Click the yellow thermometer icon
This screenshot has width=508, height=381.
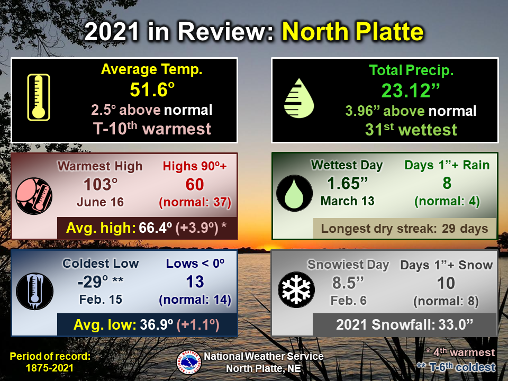[x=39, y=97]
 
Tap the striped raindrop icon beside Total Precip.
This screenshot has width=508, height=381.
[x=299, y=98]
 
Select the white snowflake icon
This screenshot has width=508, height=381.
[x=296, y=289]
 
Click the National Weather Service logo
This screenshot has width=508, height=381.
[x=189, y=362]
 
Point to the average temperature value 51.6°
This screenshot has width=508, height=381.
[x=152, y=90]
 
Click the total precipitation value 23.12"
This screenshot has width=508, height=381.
[x=410, y=90]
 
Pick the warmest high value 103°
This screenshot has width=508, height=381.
[x=101, y=185]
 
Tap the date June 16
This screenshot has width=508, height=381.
[x=101, y=202]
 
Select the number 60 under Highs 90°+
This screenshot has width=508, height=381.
[x=195, y=185]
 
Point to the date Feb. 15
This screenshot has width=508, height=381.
[x=101, y=300]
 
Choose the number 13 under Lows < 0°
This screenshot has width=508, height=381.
[x=195, y=282]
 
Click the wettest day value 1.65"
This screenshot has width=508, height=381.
[x=347, y=184]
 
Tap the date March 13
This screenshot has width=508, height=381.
[x=347, y=201]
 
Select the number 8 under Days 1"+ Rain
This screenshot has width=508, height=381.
[x=447, y=184]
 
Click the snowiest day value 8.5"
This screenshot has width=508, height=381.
[x=348, y=283]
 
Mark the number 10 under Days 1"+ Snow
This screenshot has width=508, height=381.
[x=446, y=283]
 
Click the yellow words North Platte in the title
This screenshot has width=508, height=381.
[x=353, y=32]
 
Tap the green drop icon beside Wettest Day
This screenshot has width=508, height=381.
[x=294, y=193]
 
